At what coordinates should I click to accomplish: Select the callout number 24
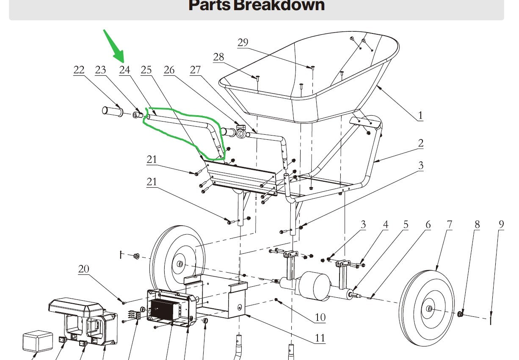pos(124,70)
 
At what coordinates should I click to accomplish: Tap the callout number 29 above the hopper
pos(243,43)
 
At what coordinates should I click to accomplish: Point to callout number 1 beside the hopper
pos(420,115)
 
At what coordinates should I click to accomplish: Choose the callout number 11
pos(320,338)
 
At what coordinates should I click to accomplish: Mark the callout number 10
pos(320,317)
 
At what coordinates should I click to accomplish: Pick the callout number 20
pos(84,269)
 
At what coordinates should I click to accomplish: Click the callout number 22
pos(79,70)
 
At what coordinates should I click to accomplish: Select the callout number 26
pos(169,70)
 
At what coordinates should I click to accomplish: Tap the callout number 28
pos(218,57)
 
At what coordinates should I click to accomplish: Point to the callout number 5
pos(406,224)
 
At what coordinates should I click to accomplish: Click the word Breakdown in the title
pos(279,6)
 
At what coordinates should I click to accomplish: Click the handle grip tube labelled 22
pos(113,111)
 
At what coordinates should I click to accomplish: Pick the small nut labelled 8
pos(462,314)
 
